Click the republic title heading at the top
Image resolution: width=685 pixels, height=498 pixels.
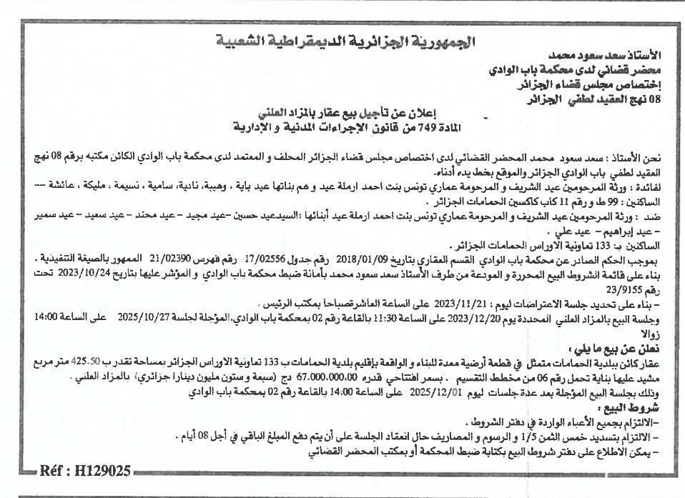[344, 41]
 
